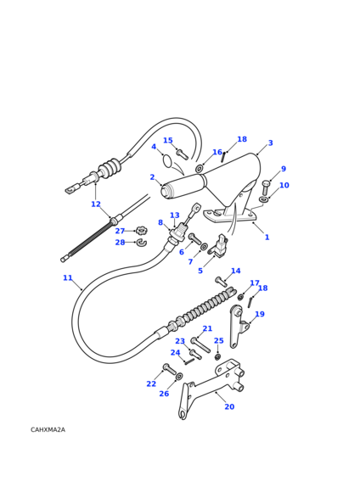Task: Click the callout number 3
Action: tap(271, 143)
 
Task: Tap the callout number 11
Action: tap(67, 277)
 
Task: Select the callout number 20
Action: tap(229, 406)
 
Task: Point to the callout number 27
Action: tap(120, 231)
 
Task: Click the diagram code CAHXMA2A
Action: tap(48, 430)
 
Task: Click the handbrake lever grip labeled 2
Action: tap(183, 186)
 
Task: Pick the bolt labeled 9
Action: tap(265, 188)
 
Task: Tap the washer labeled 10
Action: tap(264, 199)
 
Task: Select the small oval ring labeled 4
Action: tap(167, 160)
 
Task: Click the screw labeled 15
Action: tap(183, 154)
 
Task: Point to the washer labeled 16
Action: tap(199, 169)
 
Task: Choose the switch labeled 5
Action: tap(218, 247)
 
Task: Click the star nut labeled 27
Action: tap(142, 231)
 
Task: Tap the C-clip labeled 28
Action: tap(142, 243)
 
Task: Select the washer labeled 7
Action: tap(204, 246)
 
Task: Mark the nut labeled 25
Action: tap(218, 356)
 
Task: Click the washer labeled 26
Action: tap(179, 377)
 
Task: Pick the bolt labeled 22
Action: tap(169, 369)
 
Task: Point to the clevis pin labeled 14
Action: tap(221, 282)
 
